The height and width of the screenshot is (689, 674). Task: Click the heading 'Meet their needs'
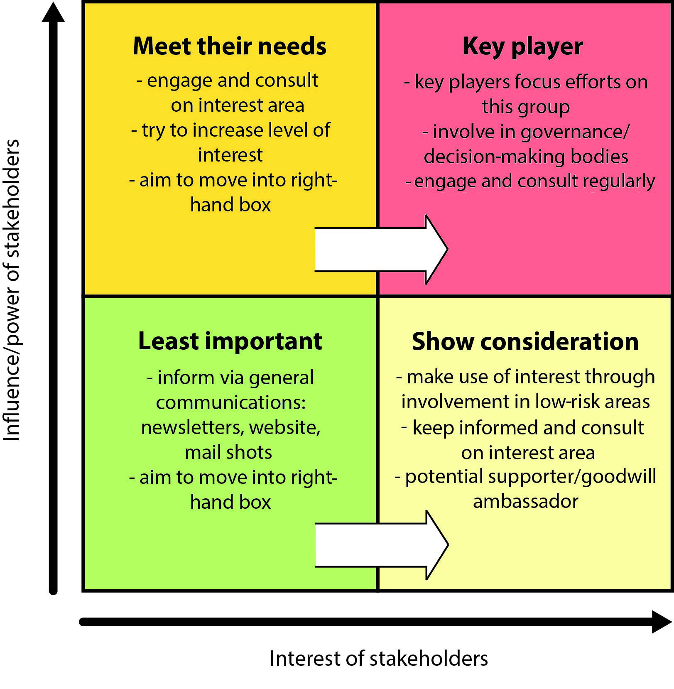point(229,46)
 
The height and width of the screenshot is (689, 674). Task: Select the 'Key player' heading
point(522,47)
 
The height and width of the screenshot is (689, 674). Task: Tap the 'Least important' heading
point(230,341)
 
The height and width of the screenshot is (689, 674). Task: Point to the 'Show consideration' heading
point(525,341)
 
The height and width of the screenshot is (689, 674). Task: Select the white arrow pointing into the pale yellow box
point(381,545)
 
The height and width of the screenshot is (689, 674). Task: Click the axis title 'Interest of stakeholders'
point(378,659)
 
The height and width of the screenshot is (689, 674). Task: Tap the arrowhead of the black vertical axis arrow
point(53,12)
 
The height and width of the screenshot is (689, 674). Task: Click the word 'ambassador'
point(525,501)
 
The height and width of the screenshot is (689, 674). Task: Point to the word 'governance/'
point(575,132)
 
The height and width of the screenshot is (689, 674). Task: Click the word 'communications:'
point(230,402)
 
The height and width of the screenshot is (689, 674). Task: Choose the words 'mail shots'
point(228,452)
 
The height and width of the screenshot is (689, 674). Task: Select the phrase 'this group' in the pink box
point(525,107)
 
